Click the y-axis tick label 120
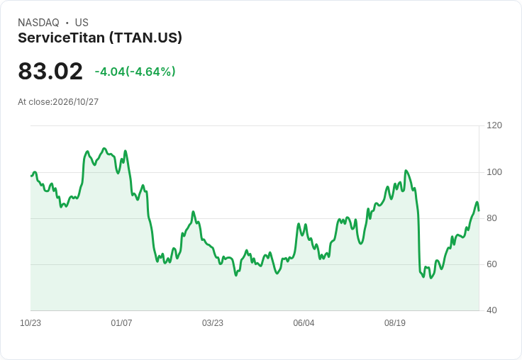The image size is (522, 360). point(494,125)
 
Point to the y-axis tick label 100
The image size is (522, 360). point(494,172)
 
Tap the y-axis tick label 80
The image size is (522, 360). point(492,218)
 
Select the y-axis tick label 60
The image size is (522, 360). point(492,264)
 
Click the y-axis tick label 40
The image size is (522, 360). point(492,310)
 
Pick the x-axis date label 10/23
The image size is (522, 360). point(30,323)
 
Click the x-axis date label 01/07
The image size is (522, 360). point(121,323)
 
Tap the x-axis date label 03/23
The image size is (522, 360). point(213,323)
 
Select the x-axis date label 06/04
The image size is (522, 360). point(304,323)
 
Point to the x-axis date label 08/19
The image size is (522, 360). point(395,323)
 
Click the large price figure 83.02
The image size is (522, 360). point(50,71)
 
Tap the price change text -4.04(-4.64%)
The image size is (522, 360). point(135,72)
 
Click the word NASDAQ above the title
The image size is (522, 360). point(38,23)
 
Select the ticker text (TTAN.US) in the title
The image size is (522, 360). point(146,38)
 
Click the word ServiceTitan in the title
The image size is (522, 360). point(62,38)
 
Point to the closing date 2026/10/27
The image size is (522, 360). point(76,102)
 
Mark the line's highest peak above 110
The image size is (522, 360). point(104,148)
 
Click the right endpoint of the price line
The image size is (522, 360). point(479,210)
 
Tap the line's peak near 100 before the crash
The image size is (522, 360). point(406,171)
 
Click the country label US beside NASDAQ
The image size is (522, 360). point(82,23)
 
